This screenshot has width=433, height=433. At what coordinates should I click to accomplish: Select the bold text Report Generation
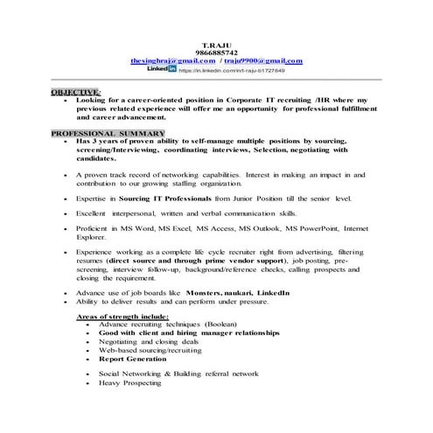click(x=132, y=359)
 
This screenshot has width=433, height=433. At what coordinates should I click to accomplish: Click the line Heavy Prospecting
click(x=130, y=382)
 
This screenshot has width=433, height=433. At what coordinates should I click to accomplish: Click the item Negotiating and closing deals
click(x=144, y=342)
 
